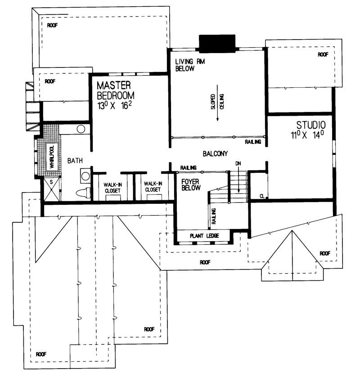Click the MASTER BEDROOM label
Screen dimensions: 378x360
pyautogui.click(x=116, y=90)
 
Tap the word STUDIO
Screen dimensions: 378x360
pyautogui.click(x=310, y=125)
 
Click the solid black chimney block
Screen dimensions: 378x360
pyautogui.click(x=217, y=44)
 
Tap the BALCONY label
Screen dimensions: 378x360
pyautogui.click(x=215, y=153)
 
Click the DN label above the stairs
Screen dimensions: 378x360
pyautogui.click(x=238, y=164)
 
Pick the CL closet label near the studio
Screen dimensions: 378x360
pyautogui.click(x=261, y=196)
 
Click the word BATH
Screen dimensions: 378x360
pyautogui.click(x=74, y=160)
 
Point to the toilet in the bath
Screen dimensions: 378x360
pyautogui.click(x=82, y=194)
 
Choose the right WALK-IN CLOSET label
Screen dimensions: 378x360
pyautogui.click(x=153, y=187)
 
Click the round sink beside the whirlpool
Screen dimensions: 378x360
pyautogui.click(x=81, y=130)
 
